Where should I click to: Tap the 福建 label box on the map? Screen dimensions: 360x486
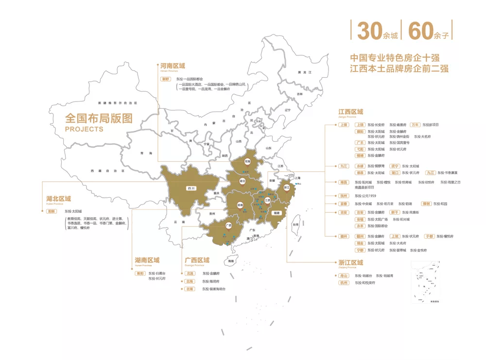pyautogui.click(x=277, y=213)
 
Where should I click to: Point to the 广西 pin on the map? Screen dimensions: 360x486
pyautogui.click(x=228, y=225)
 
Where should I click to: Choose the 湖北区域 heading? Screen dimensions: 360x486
pyautogui.click(x=59, y=199)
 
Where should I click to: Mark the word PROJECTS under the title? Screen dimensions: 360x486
pyautogui.click(x=84, y=129)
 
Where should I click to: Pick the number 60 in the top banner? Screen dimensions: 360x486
pyautogui.click(x=421, y=32)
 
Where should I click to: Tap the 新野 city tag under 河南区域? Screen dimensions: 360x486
pyautogui.click(x=166, y=79)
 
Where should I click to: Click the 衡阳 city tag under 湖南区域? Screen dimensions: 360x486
pyautogui.click(x=139, y=274)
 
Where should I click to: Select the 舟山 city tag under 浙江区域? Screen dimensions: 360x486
pyautogui.click(x=344, y=275)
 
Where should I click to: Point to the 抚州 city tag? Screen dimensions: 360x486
pyautogui.click(x=344, y=196)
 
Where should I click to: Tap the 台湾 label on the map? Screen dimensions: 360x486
pyautogui.click(x=295, y=225)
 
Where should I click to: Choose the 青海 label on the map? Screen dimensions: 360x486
pyautogui.click(x=142, y=153)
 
